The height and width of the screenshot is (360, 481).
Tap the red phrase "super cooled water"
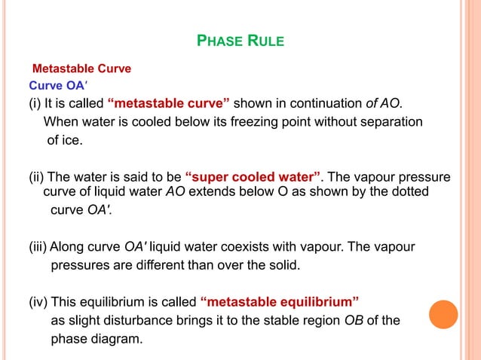point(254,177)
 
